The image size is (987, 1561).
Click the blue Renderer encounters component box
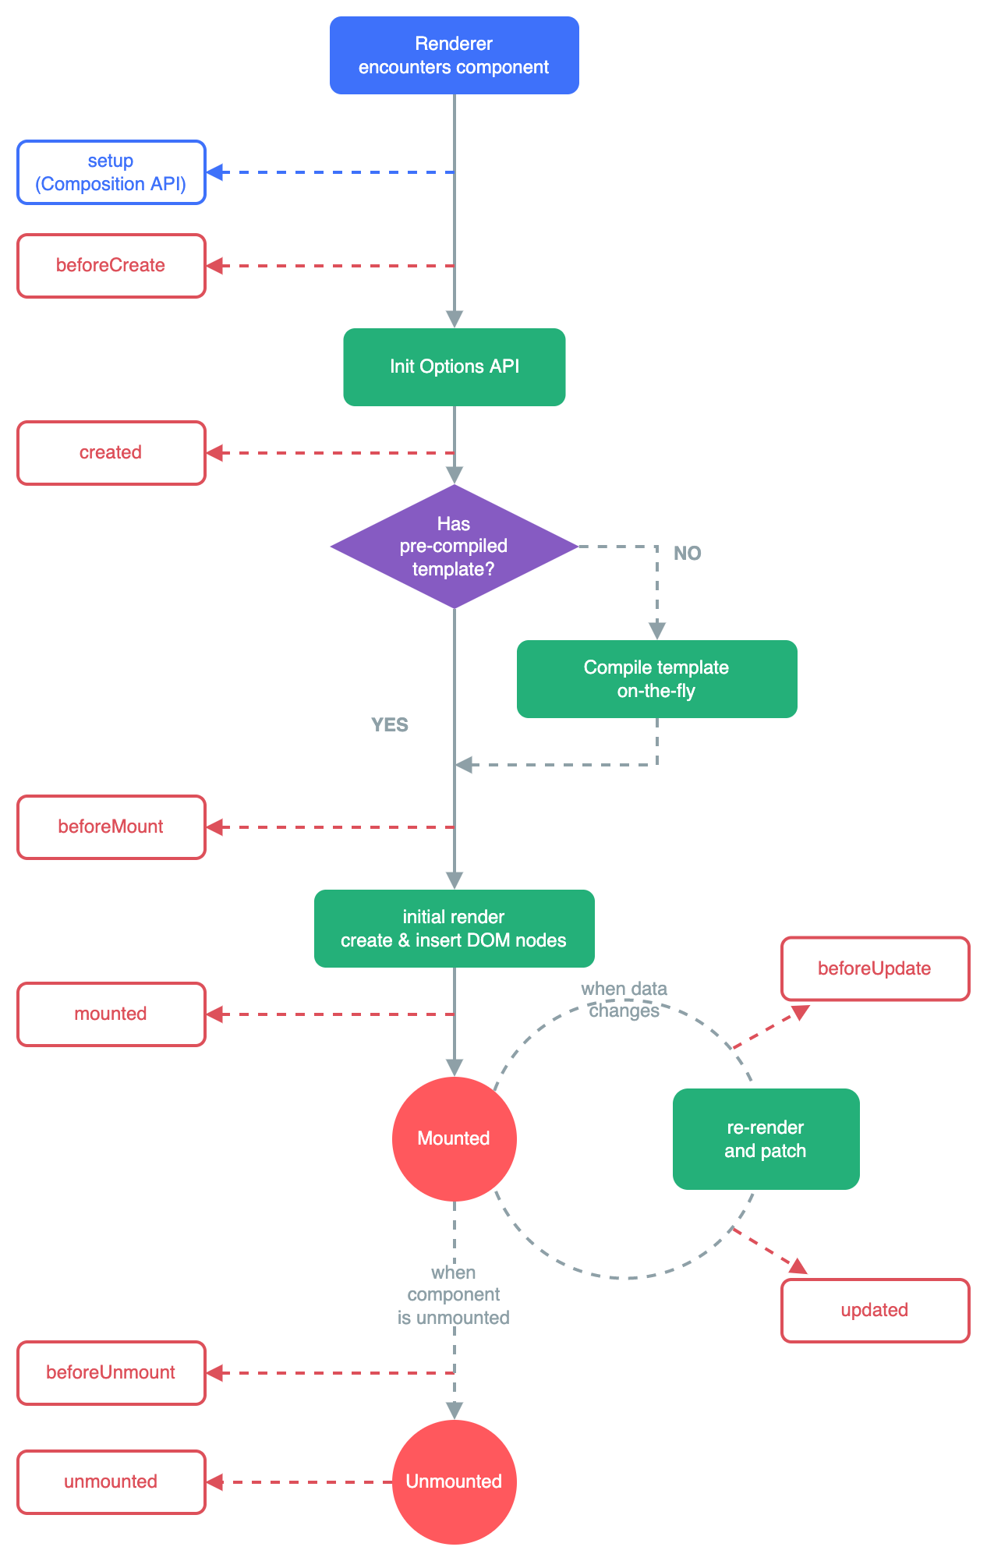[454, 55]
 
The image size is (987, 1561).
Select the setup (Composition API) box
[111, 172]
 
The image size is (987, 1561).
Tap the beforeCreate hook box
[111, 266]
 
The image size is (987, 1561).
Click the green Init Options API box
[454, 366]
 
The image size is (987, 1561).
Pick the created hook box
[111, 453]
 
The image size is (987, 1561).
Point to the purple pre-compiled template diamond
[454, 546]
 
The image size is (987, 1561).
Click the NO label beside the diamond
[687, 553]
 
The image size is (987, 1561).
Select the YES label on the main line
[389, 724]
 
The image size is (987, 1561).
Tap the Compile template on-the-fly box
[656, 679]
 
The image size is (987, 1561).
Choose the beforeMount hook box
[111, 827]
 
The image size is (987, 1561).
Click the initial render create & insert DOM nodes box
[454, 929]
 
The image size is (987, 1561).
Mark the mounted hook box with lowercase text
[111, 1014]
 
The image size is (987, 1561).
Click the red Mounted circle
[454, 1138]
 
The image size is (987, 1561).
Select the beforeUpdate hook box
[875, 968]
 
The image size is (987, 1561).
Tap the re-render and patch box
[766, 1139]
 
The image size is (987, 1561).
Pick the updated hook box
[875, 1311]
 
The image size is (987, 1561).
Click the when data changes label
[624, 1000]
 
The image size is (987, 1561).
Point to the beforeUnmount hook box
[111, 1373]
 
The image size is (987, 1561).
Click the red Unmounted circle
[454, 1481]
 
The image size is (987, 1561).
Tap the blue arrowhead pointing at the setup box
[215, 172]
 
